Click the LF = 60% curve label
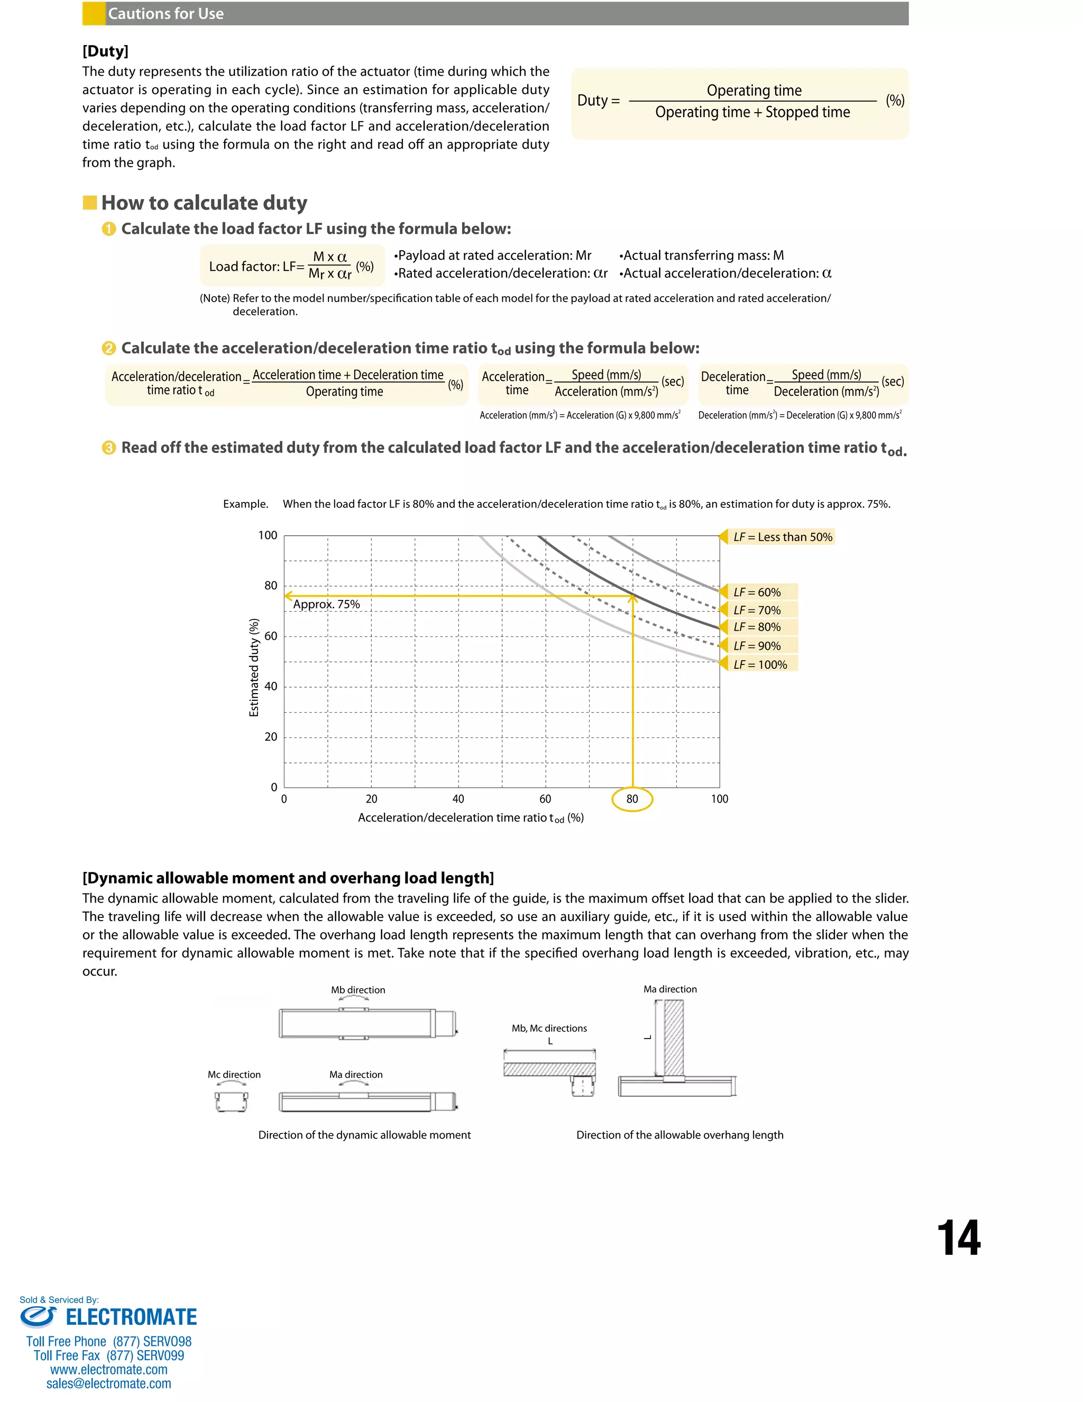click(757, 592)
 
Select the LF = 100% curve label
click(760, 664)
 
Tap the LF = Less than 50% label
click(782, 536)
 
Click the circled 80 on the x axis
click(632, 799)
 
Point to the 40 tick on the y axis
click(271, 686)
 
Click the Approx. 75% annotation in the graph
click(326, 604)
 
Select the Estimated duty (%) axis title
click(254, 667)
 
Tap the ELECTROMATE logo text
click(131, 1317)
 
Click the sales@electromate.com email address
click(108, 1383)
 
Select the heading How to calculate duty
click(204, 203)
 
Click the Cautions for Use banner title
click(166, 13)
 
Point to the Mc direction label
click(234, 1075)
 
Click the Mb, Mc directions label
click(549, 1028)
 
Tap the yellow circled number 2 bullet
click(108, 348)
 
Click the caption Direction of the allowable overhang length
click(680, 1135)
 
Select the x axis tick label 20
click(371, 799)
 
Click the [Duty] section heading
click(105, 51)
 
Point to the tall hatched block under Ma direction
click(674, 1037)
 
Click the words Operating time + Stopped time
click(752, 112)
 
